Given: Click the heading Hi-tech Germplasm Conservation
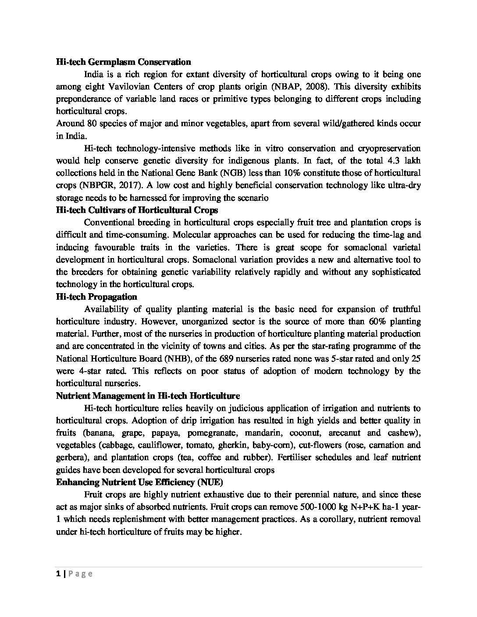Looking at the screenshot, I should pyautogui.click(x=123, y=62).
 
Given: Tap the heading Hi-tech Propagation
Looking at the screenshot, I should pyautogui.click(x=96, y=297).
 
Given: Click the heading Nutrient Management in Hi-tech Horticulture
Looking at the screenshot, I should pyautogui.click(x=148, y=396).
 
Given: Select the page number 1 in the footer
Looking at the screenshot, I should pyautogui.click(x=58, y=574).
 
